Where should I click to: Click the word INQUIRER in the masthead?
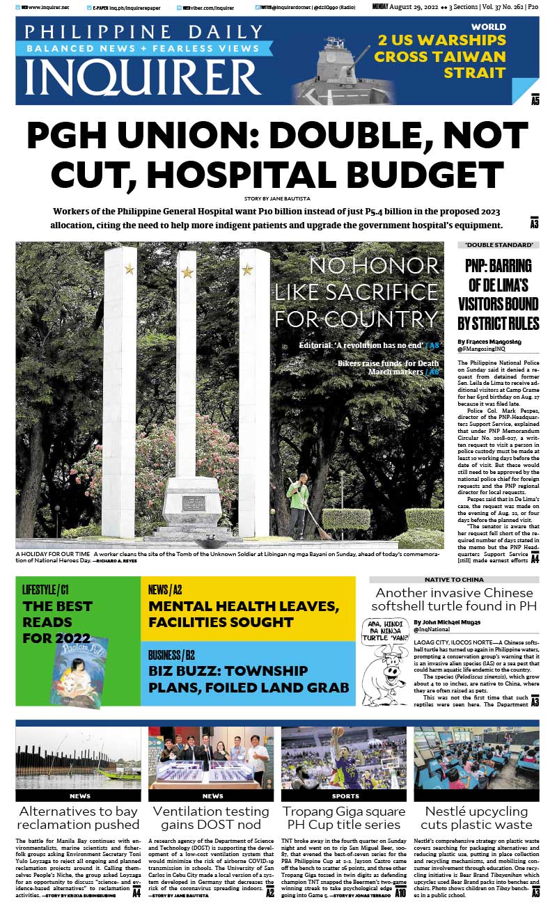click(143, 78)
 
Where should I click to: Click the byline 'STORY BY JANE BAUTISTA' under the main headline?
click(277, 197)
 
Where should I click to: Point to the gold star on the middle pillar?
click(187, 272)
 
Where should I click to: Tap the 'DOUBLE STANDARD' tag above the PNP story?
click(499, 245)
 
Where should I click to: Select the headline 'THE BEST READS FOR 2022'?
click(57, 622)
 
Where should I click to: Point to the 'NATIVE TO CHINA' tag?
click(454, 579)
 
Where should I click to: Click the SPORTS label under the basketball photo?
click(345, 796)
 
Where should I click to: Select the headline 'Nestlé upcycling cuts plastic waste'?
click(476, 818)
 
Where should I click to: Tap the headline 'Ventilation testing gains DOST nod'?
click(211, 818)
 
